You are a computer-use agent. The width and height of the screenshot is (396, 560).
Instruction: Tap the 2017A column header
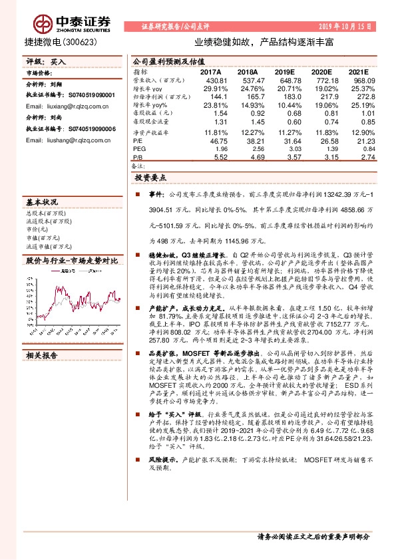(210, 72)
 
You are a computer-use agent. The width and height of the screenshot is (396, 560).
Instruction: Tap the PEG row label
(138, 149)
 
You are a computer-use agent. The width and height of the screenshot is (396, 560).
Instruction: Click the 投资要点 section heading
(151, 179)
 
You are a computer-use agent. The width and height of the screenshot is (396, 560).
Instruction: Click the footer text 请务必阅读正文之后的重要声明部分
(312, 535)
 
